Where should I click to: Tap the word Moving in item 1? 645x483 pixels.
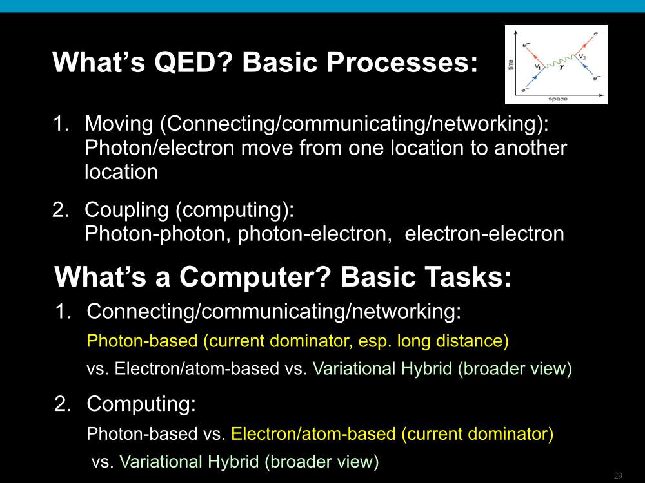click(x=119, y=124)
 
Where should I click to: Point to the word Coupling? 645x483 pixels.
click(x=126, y=210)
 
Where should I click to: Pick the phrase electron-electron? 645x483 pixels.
click(x=484, y=234)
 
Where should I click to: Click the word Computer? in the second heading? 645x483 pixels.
click(x=255, y=277)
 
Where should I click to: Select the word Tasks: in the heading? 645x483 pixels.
click(x=426, y=276)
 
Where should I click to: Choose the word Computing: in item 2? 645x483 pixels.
click(x=141, y=404)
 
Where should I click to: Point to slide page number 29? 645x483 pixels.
click(x=618, y=476)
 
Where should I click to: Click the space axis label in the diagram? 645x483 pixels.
click(x=558, y=99)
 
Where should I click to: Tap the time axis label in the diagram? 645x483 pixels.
click(x=511, y=64)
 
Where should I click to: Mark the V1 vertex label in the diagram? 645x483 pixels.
click(x=538, y=66)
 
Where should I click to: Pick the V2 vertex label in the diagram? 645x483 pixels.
click(x=582, y=56)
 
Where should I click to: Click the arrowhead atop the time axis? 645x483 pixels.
click(x=516, y=33)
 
